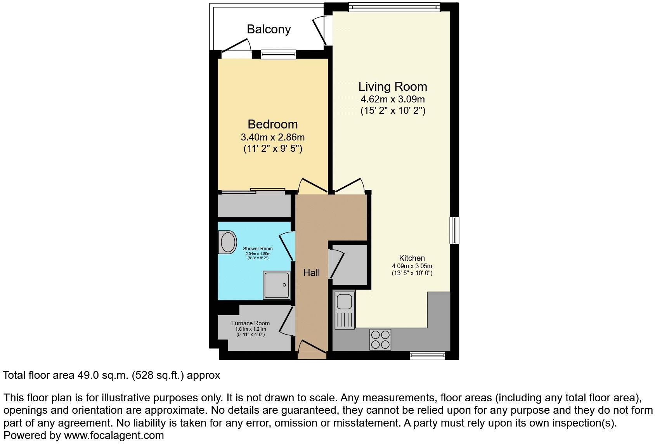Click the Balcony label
269,29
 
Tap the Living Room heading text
392,87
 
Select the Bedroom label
272,124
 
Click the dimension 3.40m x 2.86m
272,137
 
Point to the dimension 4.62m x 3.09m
392,99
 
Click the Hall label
311,273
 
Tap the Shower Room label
258,249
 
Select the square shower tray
277,285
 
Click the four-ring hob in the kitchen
380,340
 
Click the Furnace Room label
250,323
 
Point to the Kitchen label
412,258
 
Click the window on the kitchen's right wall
454,230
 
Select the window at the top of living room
394,7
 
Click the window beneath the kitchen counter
427,356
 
